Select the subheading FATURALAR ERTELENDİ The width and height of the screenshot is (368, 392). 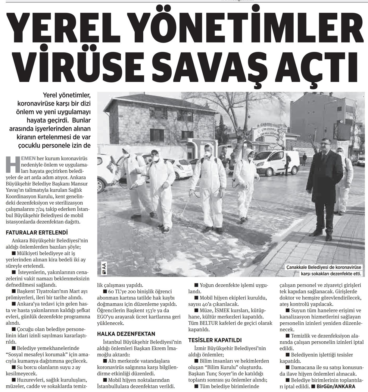(x=37, y=232)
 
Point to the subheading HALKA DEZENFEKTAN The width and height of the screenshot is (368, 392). (x=126, y=334)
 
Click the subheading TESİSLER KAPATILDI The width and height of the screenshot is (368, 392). (x=215, y=340)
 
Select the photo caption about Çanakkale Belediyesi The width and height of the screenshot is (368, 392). (x=323, y=270)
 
